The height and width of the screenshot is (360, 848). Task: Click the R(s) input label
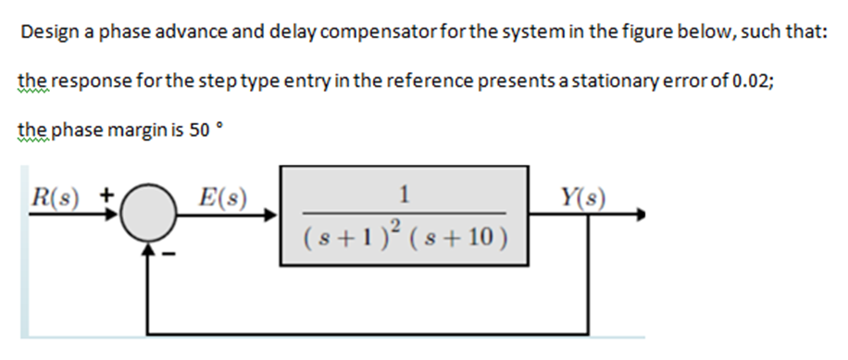click(x=52, y=196)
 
